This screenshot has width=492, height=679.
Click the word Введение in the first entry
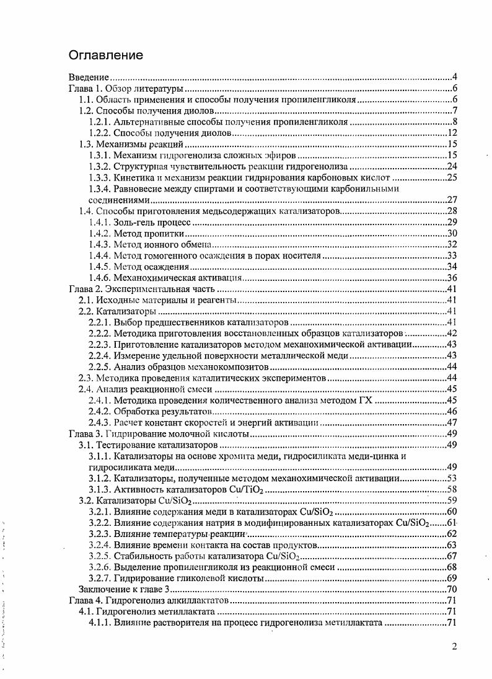pos(89,78)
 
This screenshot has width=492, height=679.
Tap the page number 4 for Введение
pos(454,78)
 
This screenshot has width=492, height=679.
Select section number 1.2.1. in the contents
pos(100,122)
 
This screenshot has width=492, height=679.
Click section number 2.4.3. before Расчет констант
pos(100,422)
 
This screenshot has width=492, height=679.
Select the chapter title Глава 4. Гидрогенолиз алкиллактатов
pos(148,600)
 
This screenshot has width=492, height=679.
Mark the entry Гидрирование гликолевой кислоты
pos(189,578)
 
